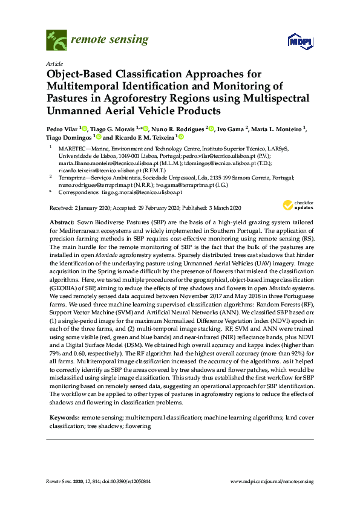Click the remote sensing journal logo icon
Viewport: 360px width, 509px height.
(56, 41)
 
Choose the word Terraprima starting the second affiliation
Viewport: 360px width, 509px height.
(70, 178)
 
